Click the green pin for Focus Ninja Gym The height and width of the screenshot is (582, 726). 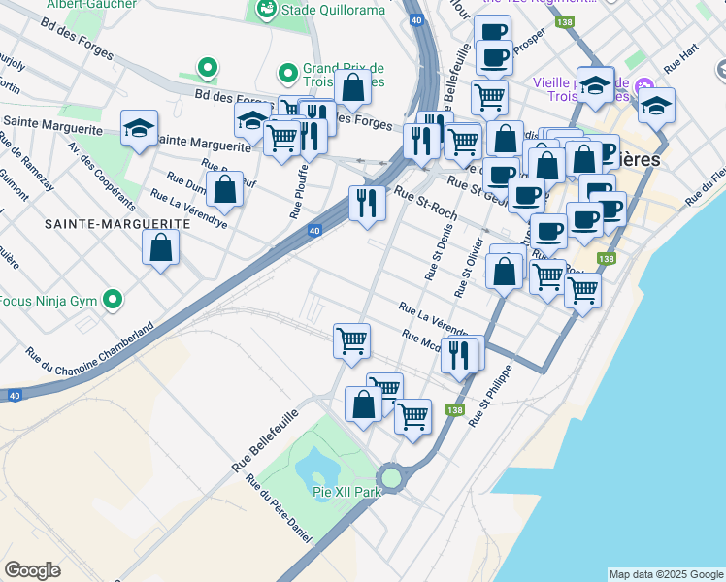tap(115, 301)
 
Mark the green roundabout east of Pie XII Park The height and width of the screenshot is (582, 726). tap(391, 477)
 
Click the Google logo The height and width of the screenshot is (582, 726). tap(33, 570)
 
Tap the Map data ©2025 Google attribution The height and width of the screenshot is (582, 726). tap(665, 574)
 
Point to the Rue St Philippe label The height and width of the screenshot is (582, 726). tap(490, 397)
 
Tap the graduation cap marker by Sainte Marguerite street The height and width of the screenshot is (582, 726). tap(139, 127)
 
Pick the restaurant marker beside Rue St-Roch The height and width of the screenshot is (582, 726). tap(366, 203)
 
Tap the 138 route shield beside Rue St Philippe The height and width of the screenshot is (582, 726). tap(454, 410)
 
